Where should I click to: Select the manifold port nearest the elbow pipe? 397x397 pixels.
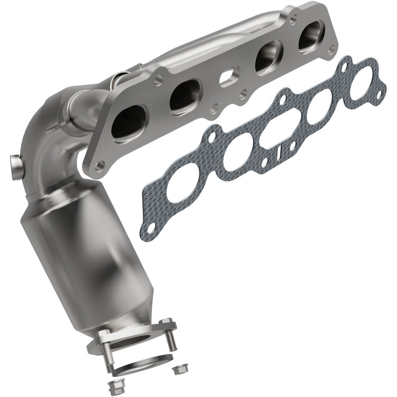128,121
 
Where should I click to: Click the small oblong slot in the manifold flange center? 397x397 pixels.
229,77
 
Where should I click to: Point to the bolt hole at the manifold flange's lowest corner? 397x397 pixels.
100,165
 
